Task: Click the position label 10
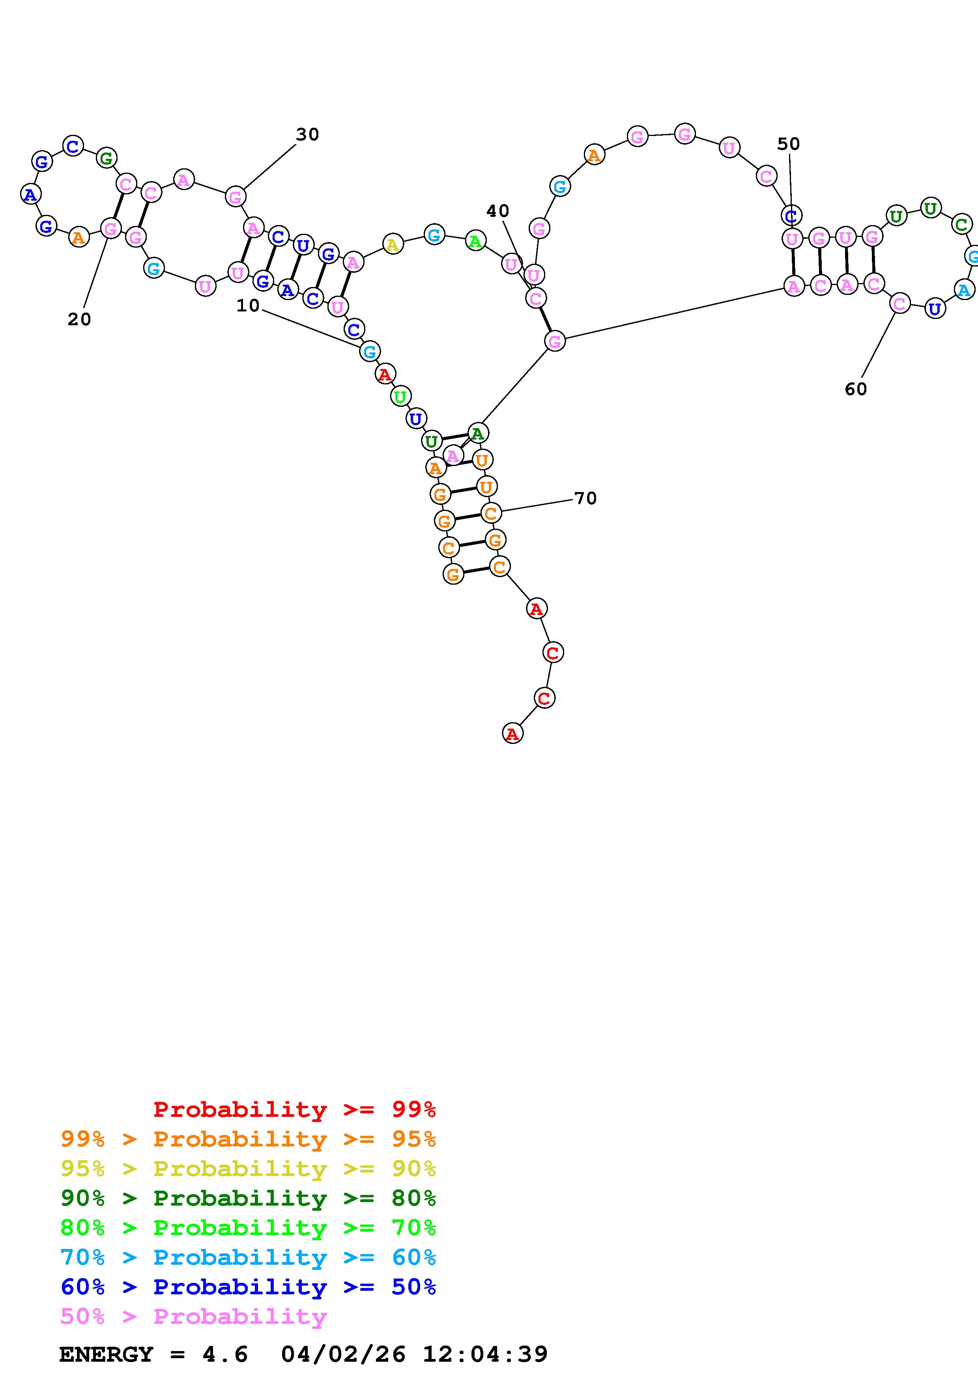248,306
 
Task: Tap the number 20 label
79,320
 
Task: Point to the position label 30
307,135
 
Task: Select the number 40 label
498,211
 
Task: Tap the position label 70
585,499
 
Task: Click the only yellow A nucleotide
392,244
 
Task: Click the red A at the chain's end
512,734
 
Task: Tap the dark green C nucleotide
961,225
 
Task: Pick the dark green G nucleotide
106,158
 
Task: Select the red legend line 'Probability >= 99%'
295,1109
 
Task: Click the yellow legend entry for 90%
248,1169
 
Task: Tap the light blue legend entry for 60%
248,1257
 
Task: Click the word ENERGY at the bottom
106,1355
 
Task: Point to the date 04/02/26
344,1355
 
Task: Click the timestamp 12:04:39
485,1355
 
